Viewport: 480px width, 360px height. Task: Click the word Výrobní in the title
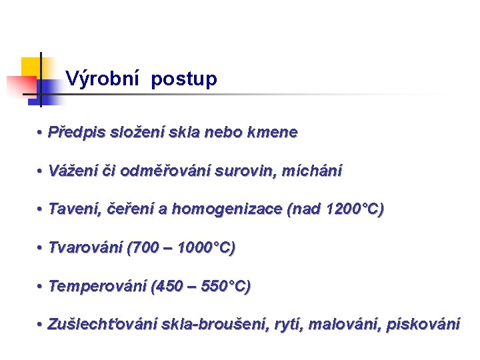tap(101, 79)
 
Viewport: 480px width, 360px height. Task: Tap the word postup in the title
tap(184, 80)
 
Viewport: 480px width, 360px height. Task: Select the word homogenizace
tap(227, 209)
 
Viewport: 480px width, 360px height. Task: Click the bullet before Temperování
tap(41, 287)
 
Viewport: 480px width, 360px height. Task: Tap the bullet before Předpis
tap(41, 133)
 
